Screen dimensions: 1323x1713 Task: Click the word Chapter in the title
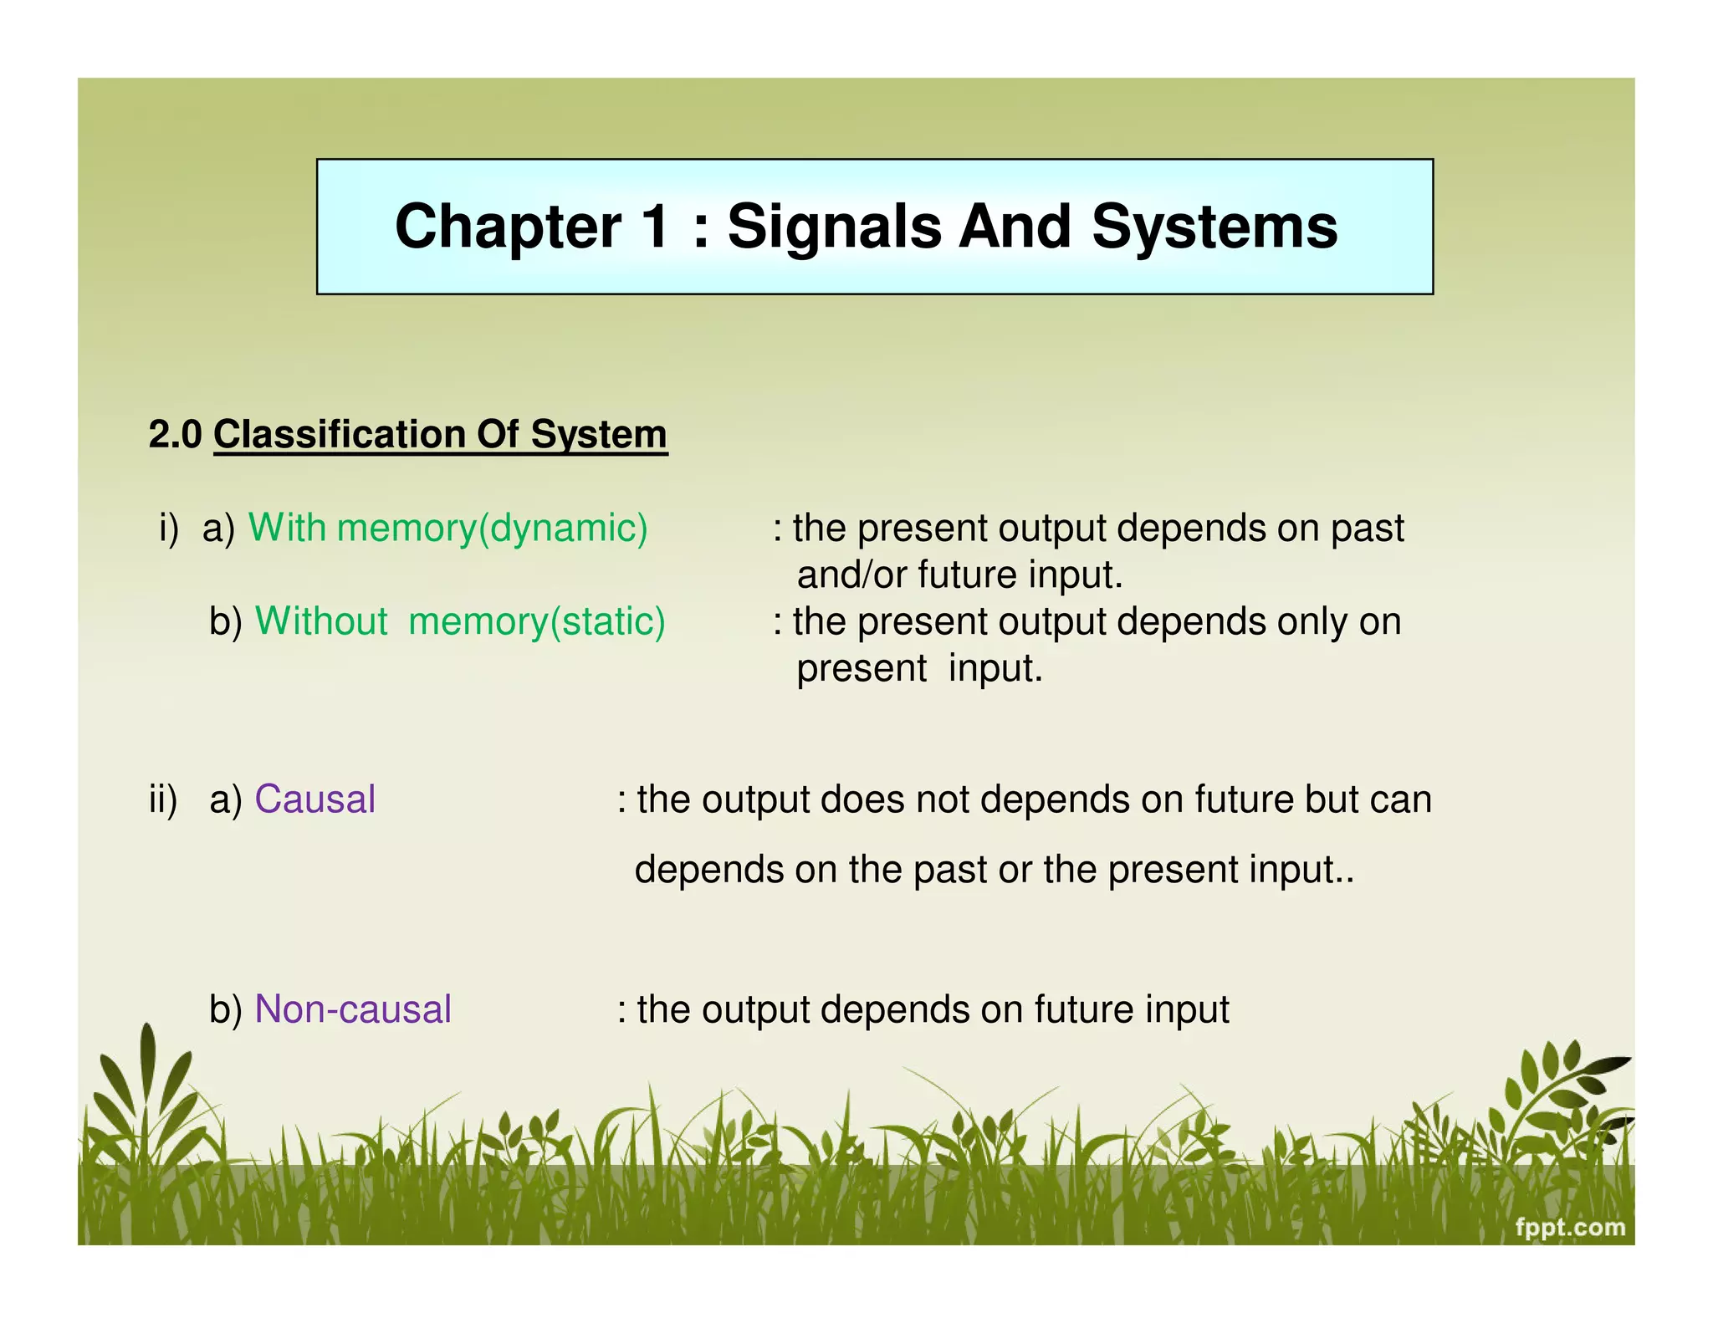(508, 227)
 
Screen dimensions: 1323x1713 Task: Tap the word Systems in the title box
(1214, 227)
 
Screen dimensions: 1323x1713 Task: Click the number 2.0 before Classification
(175, 435)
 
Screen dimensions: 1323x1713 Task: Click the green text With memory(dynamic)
(447, 529)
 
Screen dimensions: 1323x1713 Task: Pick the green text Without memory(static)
(460, 622)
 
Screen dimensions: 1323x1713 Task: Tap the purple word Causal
(314, 799)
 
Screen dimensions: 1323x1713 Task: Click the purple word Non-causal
(352, 1009)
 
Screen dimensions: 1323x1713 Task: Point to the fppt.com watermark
(1570, 1228)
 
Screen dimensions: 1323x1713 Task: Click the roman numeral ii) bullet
(163, 799)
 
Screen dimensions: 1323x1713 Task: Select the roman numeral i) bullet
(169, 529)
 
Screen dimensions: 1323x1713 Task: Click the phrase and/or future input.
(959, 575)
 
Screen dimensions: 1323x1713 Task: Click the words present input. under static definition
(919, 669)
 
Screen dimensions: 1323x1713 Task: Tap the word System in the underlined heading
(598, 435)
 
